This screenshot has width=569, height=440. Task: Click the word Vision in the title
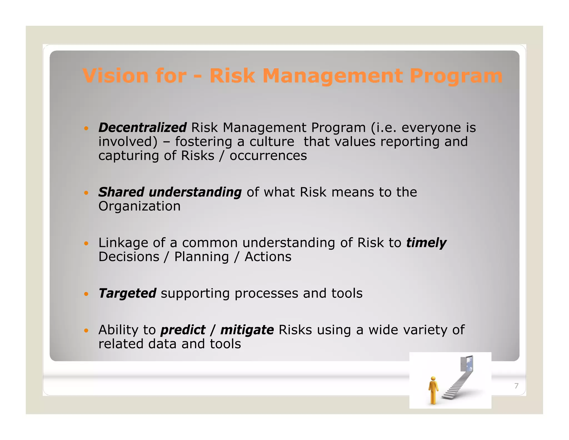click(115, 76)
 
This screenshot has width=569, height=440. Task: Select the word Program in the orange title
click(456, 76)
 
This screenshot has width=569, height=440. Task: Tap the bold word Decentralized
click(142, 128)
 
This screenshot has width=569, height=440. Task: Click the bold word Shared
click(121, 192)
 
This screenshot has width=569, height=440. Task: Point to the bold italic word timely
click(426, 243)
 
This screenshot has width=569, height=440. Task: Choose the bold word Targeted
click(127, 293)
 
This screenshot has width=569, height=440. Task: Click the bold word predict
click(183, 330)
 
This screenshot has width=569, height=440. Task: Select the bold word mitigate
click(247, 330)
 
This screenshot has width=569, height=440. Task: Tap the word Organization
click(139, 206)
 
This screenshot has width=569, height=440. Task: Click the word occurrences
click(268, 156)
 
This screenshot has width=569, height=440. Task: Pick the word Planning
click(201, 257)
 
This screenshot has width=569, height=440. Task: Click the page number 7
click(516, 386)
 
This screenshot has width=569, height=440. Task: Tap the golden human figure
click(433, 390)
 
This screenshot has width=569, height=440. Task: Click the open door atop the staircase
click(467, 364)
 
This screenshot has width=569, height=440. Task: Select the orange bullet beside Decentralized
click(86, 128)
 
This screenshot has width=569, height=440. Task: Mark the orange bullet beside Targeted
click(86, 294)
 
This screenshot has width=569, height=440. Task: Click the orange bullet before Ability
click(86, 331)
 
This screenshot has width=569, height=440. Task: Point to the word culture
click(272, 142)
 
